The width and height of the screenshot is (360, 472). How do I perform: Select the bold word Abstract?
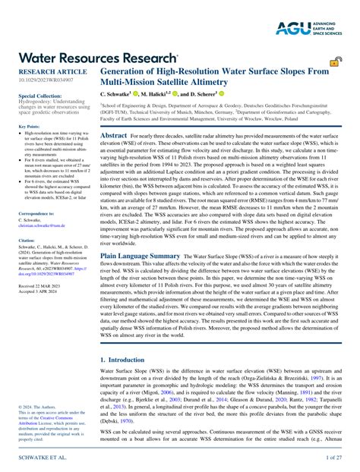[114, 134]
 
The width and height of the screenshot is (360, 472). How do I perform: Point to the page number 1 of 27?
[333, 459]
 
